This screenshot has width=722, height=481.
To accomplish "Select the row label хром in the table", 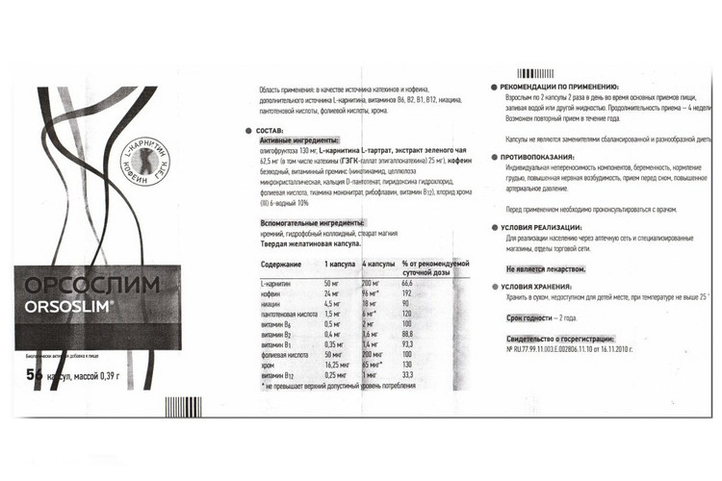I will (269, 365).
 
